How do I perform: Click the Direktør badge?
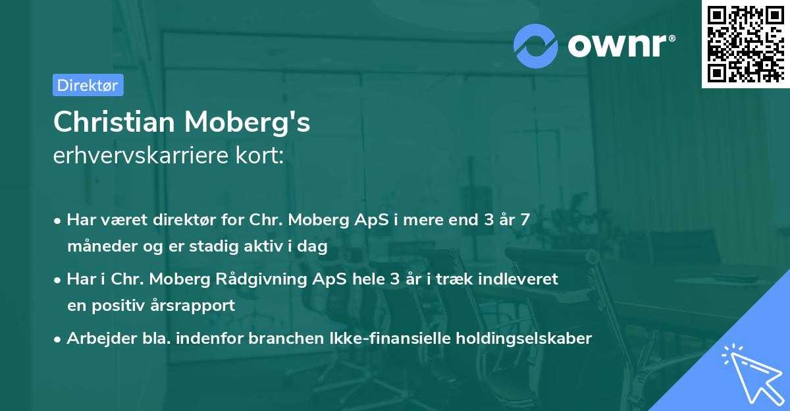88,85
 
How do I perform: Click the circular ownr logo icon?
537,45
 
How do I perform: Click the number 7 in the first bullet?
524,220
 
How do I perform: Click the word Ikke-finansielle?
388,339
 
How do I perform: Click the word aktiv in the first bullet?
263,246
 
